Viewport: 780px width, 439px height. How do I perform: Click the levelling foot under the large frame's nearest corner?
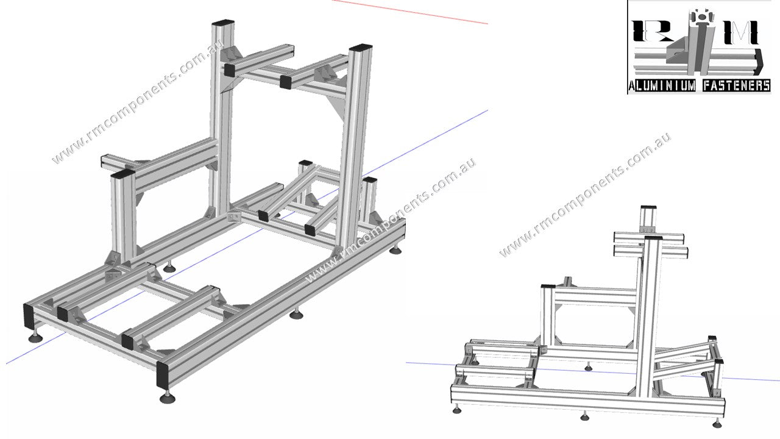[x=166, y=398]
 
